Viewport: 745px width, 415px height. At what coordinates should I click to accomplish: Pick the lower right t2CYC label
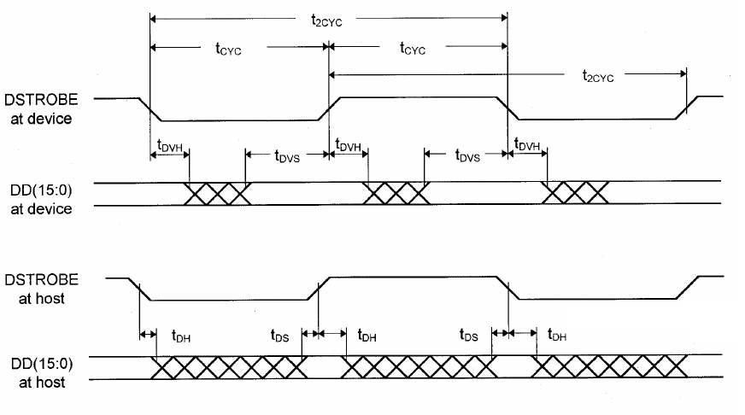(599, 76)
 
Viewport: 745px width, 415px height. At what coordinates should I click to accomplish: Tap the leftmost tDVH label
(170, 148)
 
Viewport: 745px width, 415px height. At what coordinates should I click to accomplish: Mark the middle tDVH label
(349, 148)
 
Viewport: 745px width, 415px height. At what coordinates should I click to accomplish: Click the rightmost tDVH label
(527, 148)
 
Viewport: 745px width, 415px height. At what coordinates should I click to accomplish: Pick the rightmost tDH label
(556, 336)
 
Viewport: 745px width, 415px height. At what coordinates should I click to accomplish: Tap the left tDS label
(280, 336)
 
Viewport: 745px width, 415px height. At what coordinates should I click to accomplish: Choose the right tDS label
(468, 336)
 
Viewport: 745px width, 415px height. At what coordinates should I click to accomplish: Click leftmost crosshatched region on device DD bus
(218, 193)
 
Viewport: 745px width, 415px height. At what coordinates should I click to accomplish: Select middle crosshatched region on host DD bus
(419, 366)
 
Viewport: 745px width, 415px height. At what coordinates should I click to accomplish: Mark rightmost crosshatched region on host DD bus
(609, 366)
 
